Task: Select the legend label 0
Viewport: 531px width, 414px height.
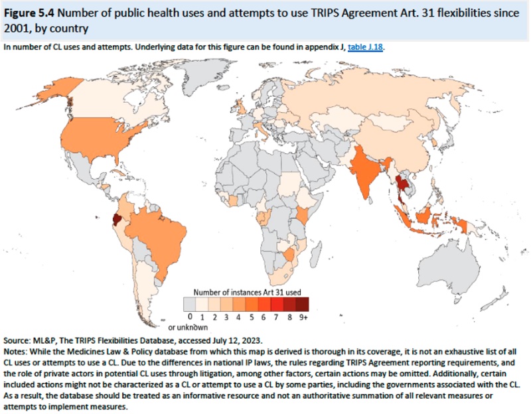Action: coord(190,318)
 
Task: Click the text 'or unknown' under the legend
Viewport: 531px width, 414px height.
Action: coord(188,326)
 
